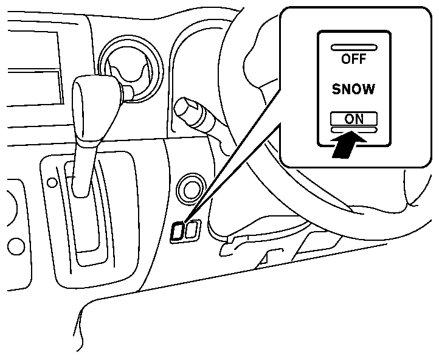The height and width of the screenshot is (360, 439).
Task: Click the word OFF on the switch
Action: tap(354, 59)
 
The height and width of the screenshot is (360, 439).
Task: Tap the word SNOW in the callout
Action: tap(353, 89)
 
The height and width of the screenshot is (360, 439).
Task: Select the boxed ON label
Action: tap(353, 119)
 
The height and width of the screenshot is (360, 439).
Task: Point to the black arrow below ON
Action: tap(348, 144)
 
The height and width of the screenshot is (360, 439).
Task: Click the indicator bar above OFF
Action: tap(354, 47)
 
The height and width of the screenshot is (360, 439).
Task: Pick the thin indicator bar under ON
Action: tap(353, 130)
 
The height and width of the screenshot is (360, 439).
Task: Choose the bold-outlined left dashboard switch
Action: tap(179, 230)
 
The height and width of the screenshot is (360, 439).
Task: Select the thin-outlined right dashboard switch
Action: tap(193, 230)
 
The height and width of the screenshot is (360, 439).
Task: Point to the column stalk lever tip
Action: tap(183, 109)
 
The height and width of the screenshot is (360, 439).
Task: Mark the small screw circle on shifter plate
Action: tap(52, 182)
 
